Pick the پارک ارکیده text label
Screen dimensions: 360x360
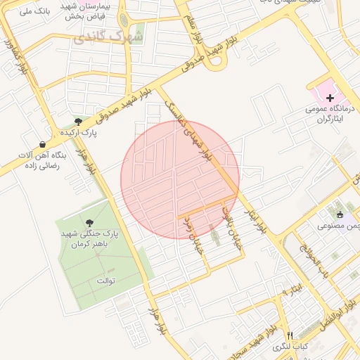pyautogui.click(x=78, y=132)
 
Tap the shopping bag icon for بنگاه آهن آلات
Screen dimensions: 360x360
pyautogui.click(x=42, y=144)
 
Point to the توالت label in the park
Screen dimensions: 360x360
pyautogui.click(x=105, y=281)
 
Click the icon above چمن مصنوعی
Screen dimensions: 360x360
pyautogui.click(x=340, y=215)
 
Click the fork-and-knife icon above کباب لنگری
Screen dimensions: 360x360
pyautogui.click(x=290, y=335)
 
